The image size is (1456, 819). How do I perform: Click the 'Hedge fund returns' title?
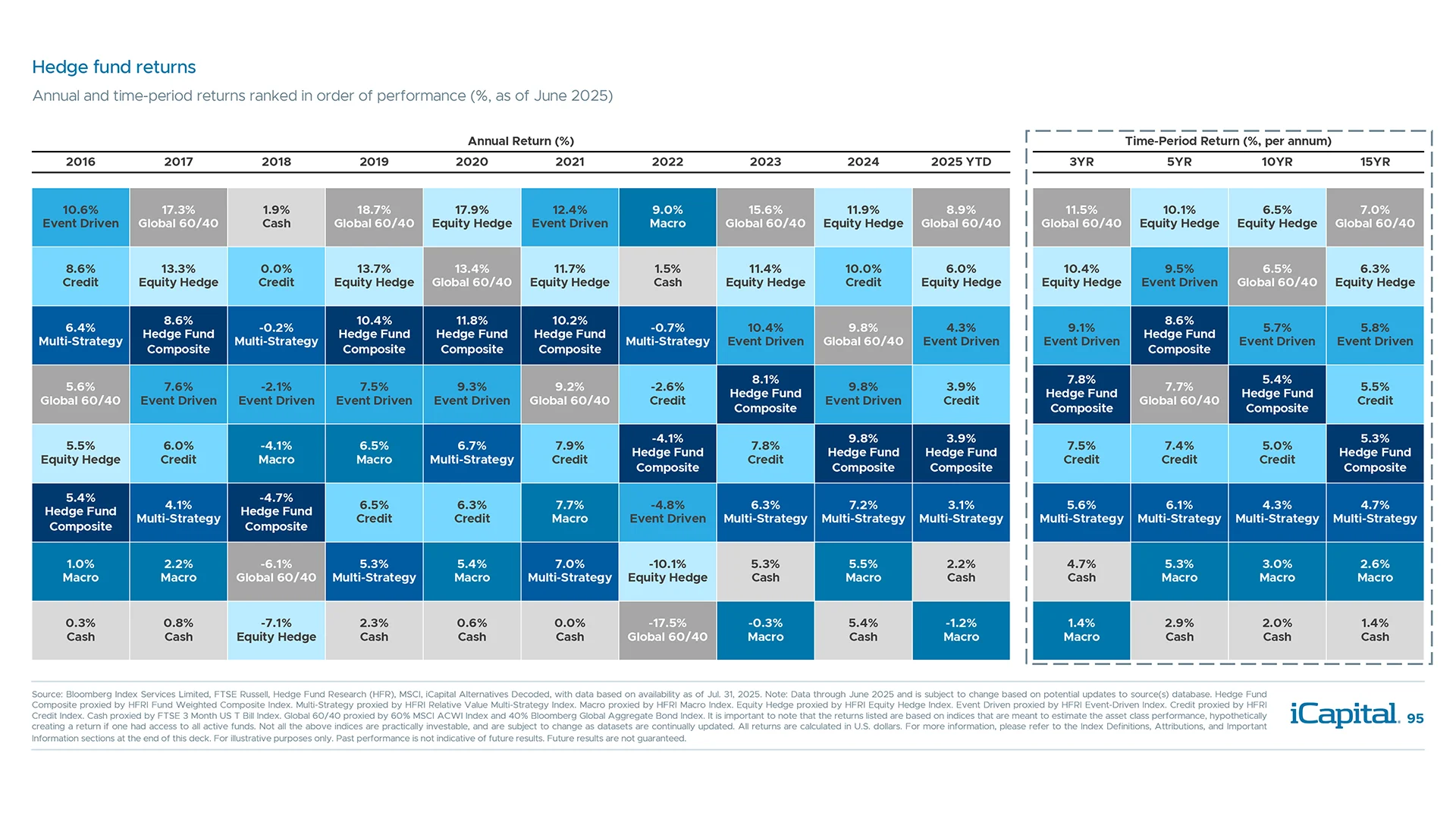click(114, 67)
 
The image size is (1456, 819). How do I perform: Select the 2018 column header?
click(276, 162)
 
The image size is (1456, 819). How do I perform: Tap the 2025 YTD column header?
click(961, 162)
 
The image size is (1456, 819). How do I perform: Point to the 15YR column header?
click(1374, 162)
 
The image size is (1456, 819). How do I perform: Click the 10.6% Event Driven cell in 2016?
click(80, 217)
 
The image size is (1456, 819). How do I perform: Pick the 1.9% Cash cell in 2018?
click(276, 217)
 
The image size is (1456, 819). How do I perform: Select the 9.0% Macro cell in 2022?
click(667, 217)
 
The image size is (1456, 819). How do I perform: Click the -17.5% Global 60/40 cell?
click(667, 630)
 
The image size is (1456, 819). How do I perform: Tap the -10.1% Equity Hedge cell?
click(667, 571)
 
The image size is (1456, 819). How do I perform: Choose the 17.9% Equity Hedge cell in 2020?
click(472, 217)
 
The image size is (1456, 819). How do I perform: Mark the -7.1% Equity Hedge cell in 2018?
click(276, 630)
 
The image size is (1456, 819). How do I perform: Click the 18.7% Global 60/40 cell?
click(374, 217)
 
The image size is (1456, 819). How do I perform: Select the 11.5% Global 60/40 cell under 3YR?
click(1081, 217)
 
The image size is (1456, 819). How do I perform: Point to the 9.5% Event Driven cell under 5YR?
click(1179, 276)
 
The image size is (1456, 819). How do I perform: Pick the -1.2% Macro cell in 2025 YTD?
click(961, 630)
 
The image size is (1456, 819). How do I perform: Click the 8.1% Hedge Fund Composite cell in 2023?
click(765, 394)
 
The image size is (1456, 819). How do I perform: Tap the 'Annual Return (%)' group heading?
click(520, 141)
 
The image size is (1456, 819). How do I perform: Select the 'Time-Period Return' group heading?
click(1228, 141)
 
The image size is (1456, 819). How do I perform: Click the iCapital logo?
click(1344, 714)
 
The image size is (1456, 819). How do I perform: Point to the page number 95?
click(1415, 719)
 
